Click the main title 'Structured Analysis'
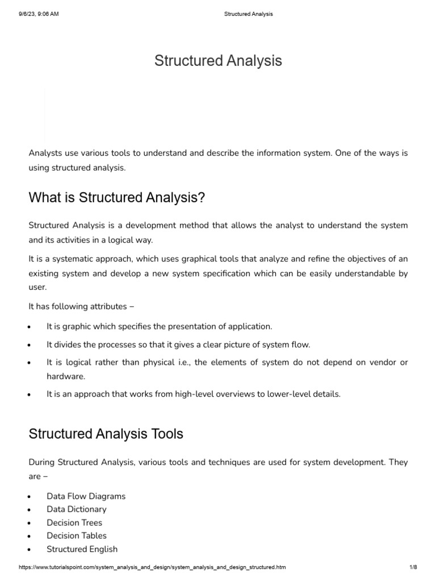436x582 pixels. click(218, 61)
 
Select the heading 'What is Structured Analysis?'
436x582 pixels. click(116, 198)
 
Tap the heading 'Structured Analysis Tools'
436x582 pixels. click(106, 434)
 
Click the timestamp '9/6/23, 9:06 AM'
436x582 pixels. click(39, 14)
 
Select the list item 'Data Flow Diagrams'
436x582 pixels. click(86, 496)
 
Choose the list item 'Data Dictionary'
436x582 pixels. click(76, 509)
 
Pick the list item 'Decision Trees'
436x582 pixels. click(74, 523)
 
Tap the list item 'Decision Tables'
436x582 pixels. click(76, 536)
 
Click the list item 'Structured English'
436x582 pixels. click(82, 549)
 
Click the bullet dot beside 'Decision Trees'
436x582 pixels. click(29, 523)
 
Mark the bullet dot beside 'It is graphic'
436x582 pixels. click(29, 327)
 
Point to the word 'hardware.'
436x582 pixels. click(65, 376)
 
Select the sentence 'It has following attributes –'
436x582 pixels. click(77, 306)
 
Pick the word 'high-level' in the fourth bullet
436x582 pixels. click(202, 394)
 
